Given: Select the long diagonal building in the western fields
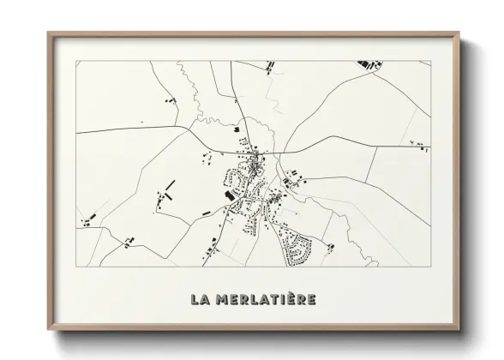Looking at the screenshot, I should (169, 186).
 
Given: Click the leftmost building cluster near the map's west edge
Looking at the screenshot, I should (86, 222).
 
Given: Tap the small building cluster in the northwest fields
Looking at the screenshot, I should (165, 101).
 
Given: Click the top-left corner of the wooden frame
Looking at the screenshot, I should (49, 33).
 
